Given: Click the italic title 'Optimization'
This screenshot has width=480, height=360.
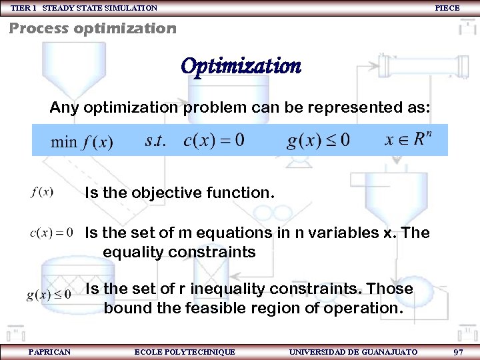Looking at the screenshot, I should [x=241, y=66].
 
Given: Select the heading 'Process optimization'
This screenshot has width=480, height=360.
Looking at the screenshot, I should [x=93, y=29].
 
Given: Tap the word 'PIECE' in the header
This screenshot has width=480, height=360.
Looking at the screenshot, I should [x=447, y=7].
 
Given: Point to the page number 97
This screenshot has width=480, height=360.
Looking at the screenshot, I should [x=458, y=351].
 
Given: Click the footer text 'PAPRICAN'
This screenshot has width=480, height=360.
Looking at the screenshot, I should [x=49, y=351].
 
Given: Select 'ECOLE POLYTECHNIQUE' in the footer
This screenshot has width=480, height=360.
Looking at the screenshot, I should [x=185, y=351].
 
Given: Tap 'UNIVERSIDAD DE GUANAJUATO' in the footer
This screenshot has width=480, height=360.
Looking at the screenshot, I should [x=353, y=351].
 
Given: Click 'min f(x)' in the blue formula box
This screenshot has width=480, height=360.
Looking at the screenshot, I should [x=82, y=142].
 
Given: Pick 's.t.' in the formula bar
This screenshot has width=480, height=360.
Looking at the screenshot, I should [x=155, y=141].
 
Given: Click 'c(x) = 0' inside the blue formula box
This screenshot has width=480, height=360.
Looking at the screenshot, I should [x=213, y=141].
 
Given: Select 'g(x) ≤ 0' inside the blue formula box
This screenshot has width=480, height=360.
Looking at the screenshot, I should [x=318, y=141].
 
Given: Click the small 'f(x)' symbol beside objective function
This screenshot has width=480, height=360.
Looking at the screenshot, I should [x=42, y=192].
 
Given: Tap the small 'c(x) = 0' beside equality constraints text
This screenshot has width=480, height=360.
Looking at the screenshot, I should [x=51, y=233].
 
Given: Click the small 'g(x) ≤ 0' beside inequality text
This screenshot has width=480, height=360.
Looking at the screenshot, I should [x=49, y=295].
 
